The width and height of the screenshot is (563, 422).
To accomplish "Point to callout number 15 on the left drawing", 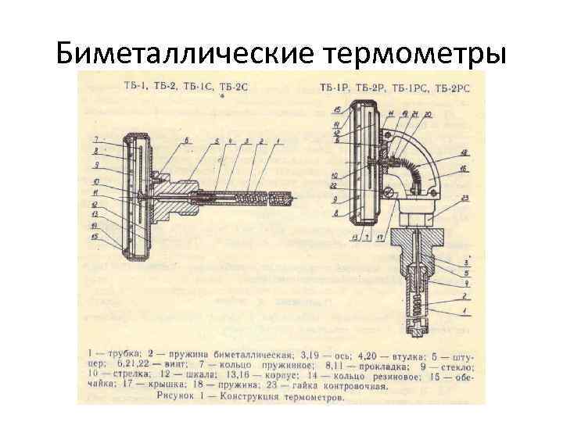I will (x=95, y=237).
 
